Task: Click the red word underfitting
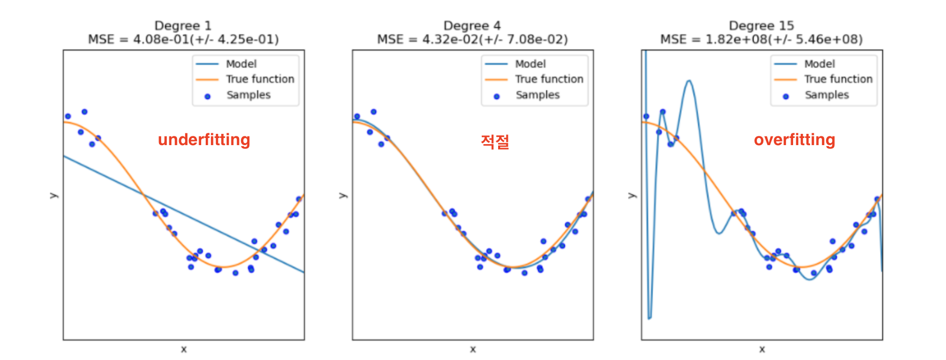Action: coord(204,139)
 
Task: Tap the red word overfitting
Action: coord(794,139)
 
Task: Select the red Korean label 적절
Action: coord(495,142)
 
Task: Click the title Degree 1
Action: coord(183,26)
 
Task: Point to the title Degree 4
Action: coord(472,26)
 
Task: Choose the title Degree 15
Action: coord(761,26)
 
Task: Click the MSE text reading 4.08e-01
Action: coord(183,39)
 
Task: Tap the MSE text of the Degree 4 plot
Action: coord(472,39)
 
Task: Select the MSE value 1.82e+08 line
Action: coord(761,39)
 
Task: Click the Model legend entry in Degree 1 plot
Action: coord(241,64)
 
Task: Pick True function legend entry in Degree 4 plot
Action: coord(549,79)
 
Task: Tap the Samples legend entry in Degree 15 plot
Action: coord(826,95)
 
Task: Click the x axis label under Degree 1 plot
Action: coord(184,349)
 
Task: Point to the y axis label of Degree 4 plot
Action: coord(343,195)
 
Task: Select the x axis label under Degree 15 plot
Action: coord(762,349)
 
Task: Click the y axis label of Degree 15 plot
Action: coord(632,195)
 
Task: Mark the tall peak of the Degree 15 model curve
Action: coord(688,81)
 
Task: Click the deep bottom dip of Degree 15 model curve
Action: coord(649,318)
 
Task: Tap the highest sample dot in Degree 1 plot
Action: coord(85,112)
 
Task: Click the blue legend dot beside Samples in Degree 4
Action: coord(497,96)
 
